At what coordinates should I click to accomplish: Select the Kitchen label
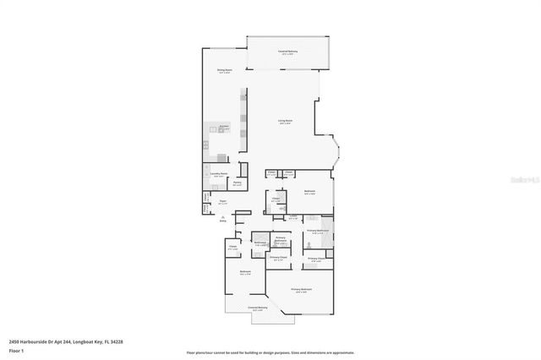225,127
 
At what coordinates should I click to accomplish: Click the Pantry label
238,183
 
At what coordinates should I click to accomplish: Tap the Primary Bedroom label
302,290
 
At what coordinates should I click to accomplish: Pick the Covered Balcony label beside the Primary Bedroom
258,308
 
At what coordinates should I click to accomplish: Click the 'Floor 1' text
16,350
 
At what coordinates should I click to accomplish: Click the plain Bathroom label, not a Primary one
259,243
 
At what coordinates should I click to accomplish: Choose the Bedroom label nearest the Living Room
309,192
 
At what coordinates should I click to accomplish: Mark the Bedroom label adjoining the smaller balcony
244,273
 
